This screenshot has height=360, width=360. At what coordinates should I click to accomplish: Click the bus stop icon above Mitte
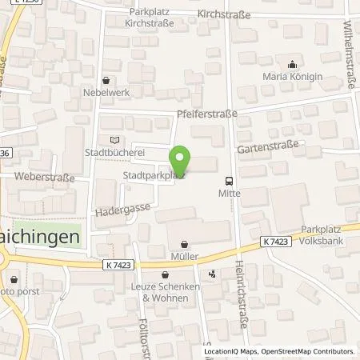[230, 181]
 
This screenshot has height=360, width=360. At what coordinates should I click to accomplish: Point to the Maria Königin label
[294, 77]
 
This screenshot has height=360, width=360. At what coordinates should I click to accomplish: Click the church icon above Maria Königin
[294, 65]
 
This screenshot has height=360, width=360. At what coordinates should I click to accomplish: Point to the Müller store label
[186, 256]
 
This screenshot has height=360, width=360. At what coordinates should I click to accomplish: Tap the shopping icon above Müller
[186, 244]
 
